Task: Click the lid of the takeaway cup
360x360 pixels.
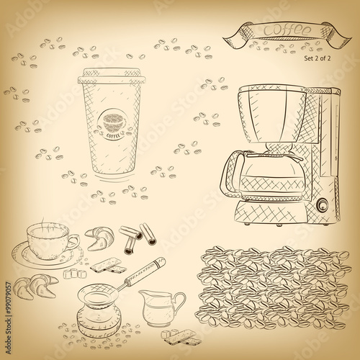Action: coord(111,73)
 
